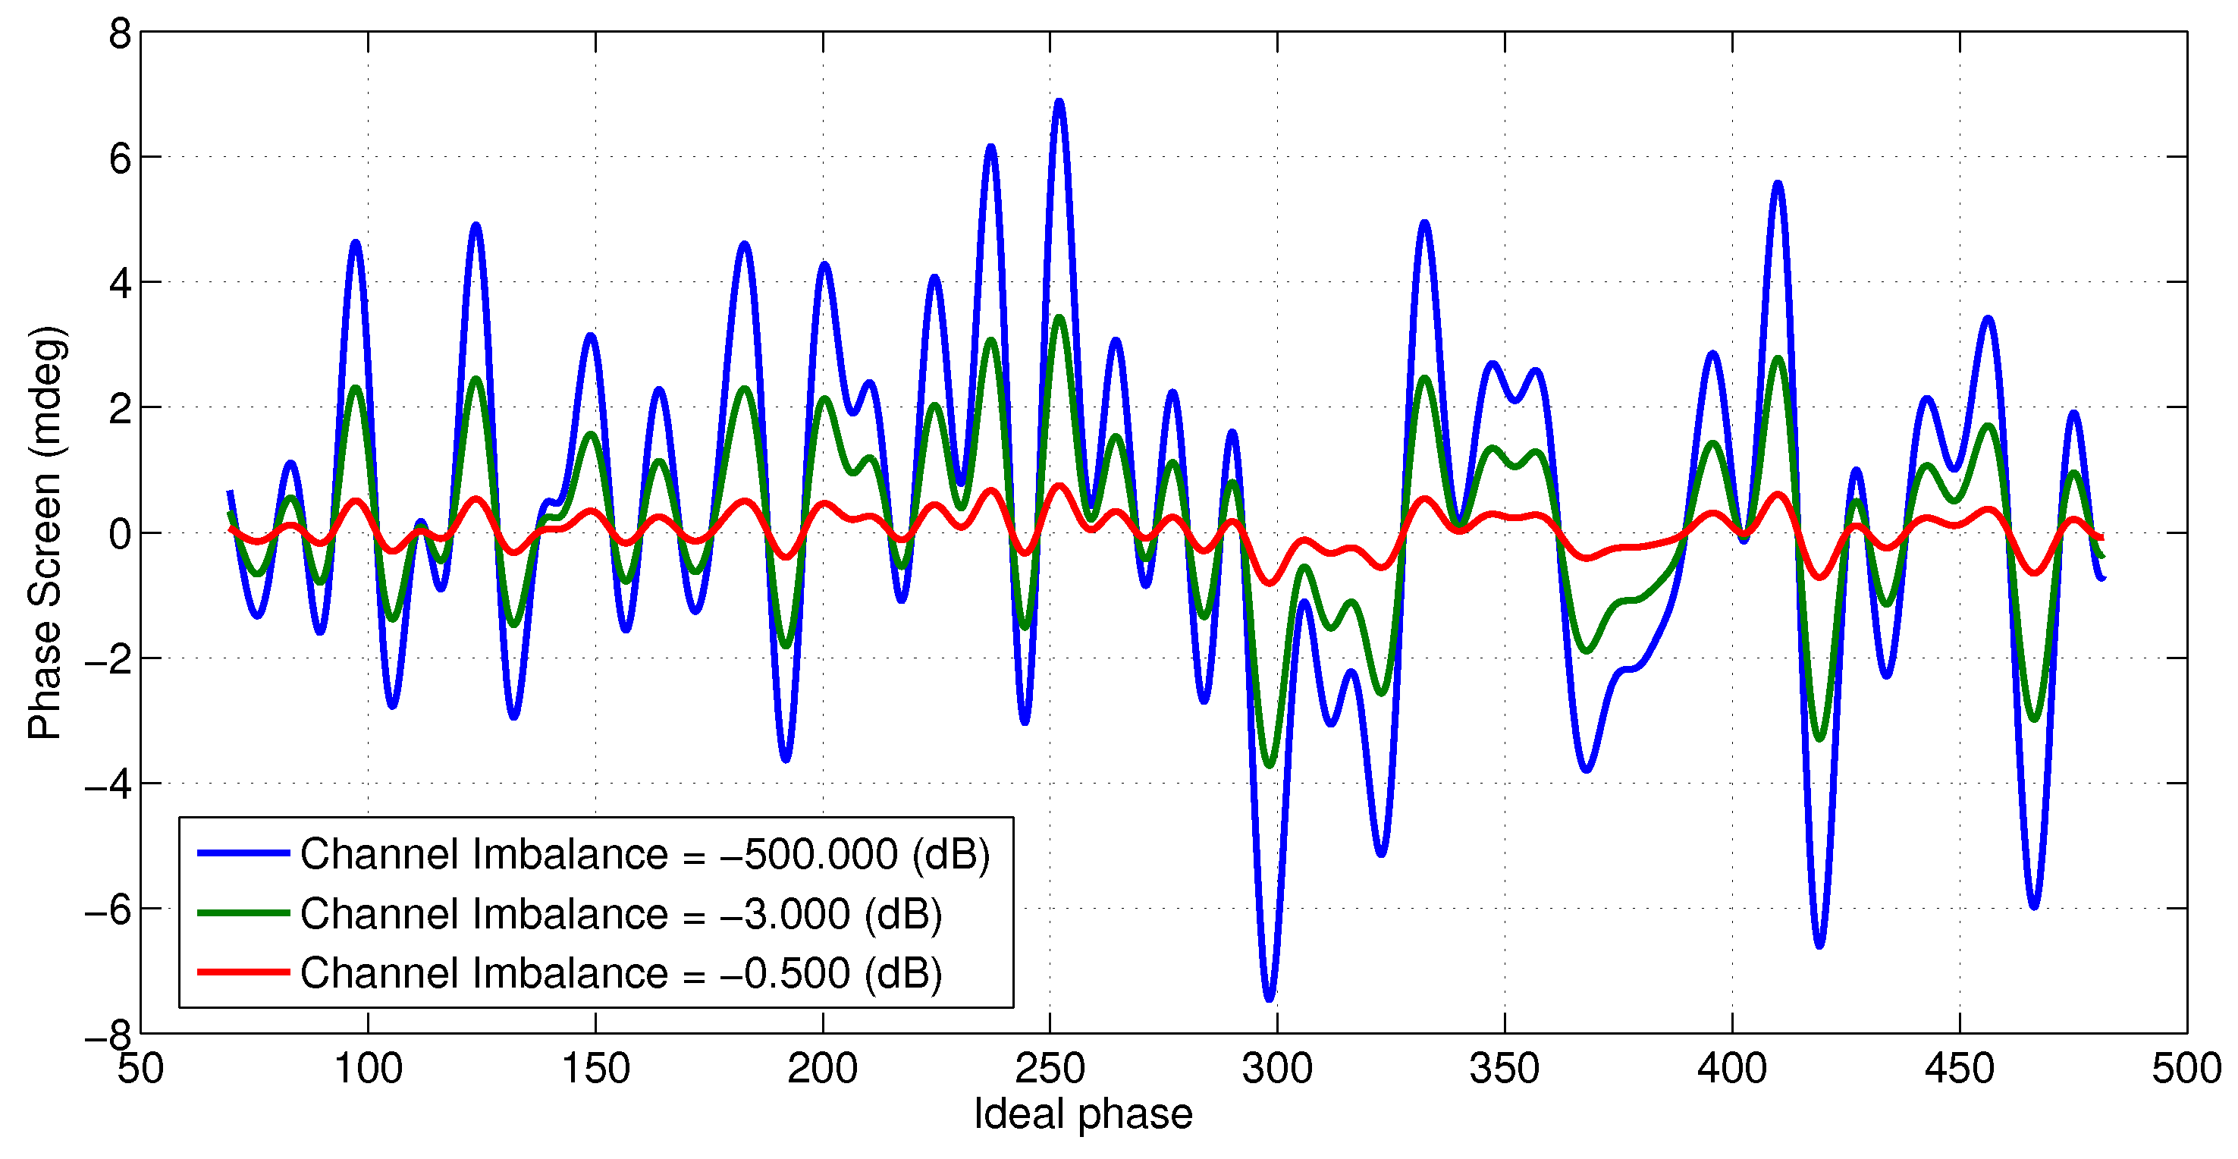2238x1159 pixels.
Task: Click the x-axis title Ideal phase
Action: click(x=1082, y=1113)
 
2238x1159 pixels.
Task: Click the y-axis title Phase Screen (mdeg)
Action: click(x=46, y=532)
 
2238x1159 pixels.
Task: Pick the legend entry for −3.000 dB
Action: click(x=620, y=914)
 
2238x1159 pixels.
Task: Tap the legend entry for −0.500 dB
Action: click(x=620, y=973)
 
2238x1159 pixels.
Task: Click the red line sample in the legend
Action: click(x=243, y=972)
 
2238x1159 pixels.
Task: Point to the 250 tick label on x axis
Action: click(x=1050, y=1069)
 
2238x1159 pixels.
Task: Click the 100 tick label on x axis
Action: click(x=369, y=1069)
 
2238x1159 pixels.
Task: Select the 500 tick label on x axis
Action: click(x=2186, y=1069)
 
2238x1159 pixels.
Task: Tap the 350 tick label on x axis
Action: click(x=1505, y=1069)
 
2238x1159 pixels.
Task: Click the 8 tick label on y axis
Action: click(x=120, y=35)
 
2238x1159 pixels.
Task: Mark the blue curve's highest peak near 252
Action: click(x=1059, y=102)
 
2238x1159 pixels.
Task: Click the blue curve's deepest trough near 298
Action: click(x=1270, y=999)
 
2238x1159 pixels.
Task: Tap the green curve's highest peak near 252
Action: click(x=1059, y=318)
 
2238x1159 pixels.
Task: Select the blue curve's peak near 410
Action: click(x=1778, y=184)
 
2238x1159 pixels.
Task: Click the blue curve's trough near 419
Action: click(x=1819, y=945)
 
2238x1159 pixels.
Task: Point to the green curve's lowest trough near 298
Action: click(x=1270, y=765)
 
